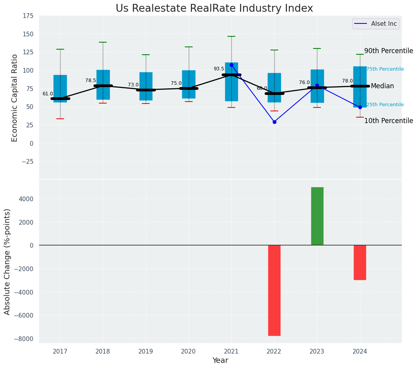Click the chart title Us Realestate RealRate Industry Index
click(214, 9)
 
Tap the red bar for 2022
click(274, 290)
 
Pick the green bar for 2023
click(317, 216)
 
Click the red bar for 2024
click(360, 262)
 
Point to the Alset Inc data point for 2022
click(274, 122)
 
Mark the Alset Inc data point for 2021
click(231, 65)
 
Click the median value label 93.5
click(219, 69)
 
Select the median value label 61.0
click(48, 94)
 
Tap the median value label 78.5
click(91, 80)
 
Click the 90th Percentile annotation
click(388, 51)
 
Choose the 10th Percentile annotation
click(388, 121)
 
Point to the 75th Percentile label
click(385, 69)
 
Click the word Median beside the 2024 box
click(382, 86)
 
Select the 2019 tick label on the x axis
click(146, 352)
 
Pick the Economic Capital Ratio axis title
click(15, 98)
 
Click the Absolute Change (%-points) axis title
click(7, 261)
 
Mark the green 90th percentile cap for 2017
click(60, 49)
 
